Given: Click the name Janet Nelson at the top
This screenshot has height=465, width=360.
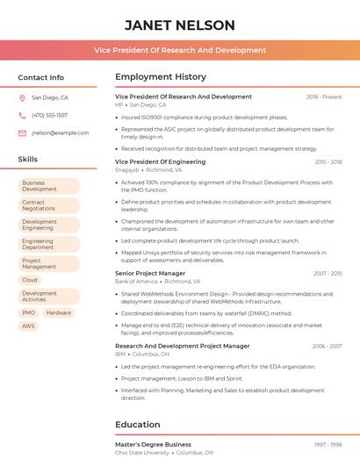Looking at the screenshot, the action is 180,25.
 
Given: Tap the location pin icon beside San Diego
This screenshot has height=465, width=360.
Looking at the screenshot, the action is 22,98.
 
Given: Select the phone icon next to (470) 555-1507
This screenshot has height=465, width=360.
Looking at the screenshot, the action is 22,115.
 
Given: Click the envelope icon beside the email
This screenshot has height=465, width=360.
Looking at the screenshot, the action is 22,132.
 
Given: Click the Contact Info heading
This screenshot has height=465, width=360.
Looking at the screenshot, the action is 40,77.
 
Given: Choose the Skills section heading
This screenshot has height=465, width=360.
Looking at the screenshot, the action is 27,160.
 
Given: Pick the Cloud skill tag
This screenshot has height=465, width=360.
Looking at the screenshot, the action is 30,280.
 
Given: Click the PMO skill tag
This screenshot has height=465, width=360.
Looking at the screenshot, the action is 29,312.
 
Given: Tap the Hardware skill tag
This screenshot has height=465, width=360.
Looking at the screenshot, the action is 59,312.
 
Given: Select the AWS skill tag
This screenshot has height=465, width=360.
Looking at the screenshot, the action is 29,325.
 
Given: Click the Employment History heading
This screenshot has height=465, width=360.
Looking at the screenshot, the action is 161,77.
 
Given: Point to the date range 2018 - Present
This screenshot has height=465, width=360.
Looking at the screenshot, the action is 324,97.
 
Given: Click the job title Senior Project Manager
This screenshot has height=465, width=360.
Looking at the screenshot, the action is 150,273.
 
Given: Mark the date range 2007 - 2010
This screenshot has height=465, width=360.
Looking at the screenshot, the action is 328,273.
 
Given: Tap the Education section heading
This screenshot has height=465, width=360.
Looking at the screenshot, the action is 138,425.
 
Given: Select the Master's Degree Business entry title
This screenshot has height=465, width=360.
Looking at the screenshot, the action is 153,445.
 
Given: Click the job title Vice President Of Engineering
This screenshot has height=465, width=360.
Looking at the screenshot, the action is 160,162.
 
